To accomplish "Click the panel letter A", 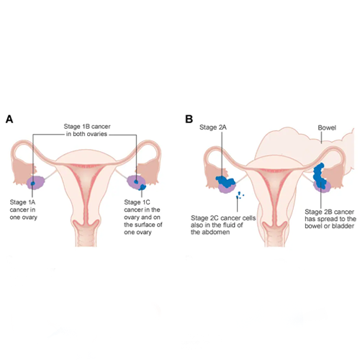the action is [9, 119].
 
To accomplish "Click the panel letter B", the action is [189, 119].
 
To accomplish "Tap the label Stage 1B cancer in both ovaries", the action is [87, 130].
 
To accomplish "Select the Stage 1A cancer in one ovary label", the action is [23, 210].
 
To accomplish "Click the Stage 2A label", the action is [213, 127].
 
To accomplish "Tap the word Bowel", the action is [327, 127].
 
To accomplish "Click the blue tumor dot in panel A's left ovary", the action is [33, 184].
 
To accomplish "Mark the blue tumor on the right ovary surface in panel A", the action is [143, 187].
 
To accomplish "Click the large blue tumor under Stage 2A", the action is [225, 182].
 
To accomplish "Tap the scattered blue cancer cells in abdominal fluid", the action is [240, 195].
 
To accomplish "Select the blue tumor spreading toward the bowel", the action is [320, 176].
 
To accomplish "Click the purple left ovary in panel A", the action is [35, 183].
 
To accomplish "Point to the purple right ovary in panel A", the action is [136, 182].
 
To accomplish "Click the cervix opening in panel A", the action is [86, 224].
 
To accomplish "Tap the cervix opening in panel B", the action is [274, 225].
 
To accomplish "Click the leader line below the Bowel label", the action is [322, 137].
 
